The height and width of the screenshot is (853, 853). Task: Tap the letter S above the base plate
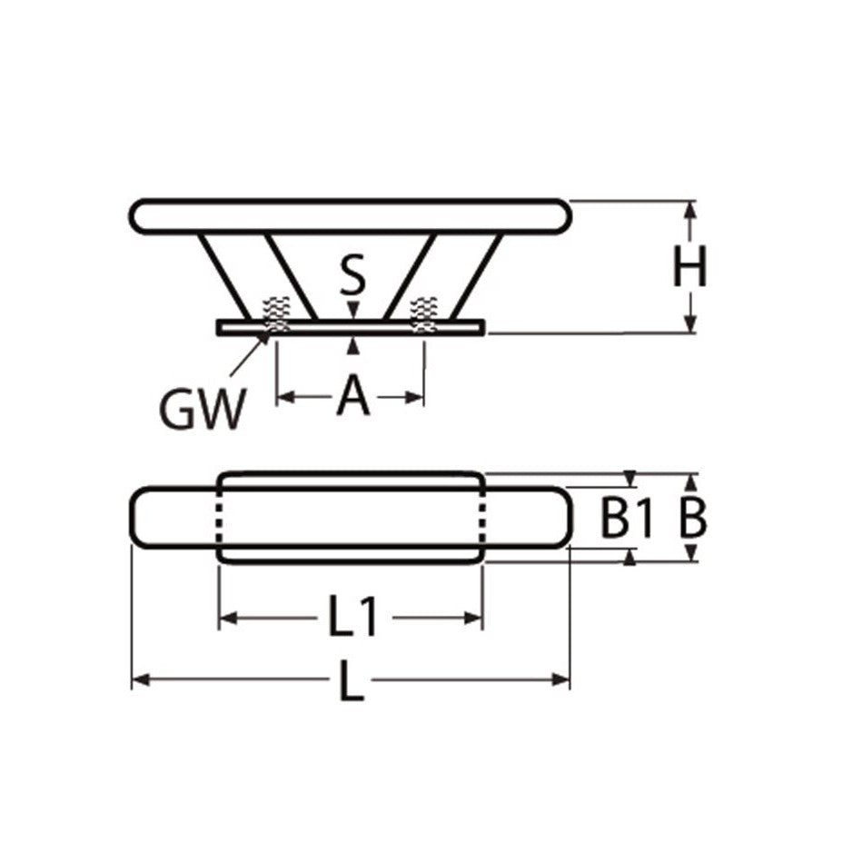(x=353, y=276)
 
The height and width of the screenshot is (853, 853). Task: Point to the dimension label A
(x=352, y=397)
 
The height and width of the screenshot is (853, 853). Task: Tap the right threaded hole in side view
(x=424, y=314)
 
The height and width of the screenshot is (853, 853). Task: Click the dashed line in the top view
(x=218, y=518)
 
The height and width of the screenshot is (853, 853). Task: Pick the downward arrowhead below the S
(x=353, y=311)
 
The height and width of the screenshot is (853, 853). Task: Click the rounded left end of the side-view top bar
(x=139, y=215)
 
